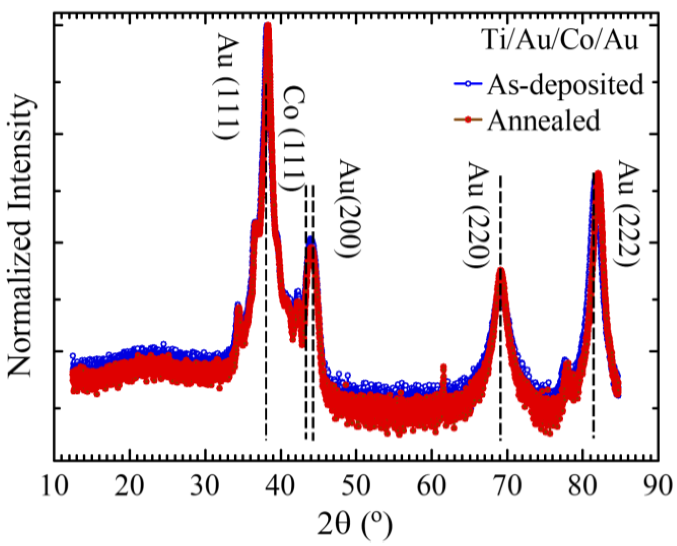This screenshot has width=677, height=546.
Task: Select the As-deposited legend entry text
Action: [565, 85]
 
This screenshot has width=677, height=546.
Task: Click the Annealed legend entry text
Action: [543, 120]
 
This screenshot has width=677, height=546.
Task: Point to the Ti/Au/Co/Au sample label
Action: [561, 40]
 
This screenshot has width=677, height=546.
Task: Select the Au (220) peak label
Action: [478, 215]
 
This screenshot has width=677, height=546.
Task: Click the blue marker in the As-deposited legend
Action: [468, 84]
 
